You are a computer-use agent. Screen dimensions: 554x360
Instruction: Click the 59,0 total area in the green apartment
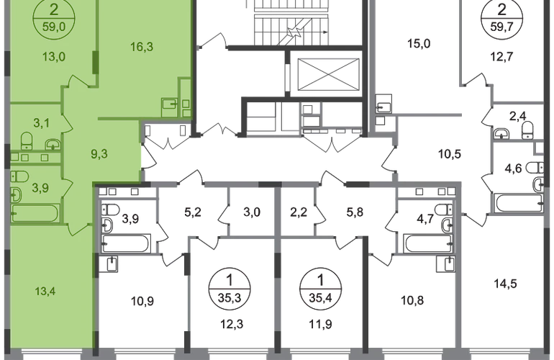(54, 26)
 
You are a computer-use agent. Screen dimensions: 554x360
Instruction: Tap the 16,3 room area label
(142, 46)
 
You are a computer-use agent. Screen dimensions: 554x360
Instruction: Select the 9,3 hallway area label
(99, 154)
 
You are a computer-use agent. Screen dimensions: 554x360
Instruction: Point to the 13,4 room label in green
(45, 292)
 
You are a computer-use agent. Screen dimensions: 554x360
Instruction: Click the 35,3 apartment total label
(230, 298)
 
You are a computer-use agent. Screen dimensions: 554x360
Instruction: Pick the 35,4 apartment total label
(320, 298)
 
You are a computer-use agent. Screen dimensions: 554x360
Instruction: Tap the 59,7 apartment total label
(501, 26)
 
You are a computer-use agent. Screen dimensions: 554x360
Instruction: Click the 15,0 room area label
(419, 44)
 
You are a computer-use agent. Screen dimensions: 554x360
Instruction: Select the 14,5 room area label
(505, 284)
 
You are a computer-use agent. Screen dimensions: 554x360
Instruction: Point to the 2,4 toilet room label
(517, 116)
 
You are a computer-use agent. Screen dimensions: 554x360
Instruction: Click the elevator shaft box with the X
(328, 74)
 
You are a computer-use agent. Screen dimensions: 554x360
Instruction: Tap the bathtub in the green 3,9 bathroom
(35, 213)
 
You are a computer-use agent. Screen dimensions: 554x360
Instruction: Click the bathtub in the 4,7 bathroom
(429, 243)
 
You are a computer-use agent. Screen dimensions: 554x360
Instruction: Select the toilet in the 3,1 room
(27, 140)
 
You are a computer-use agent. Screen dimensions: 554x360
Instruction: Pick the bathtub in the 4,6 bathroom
(519, 203)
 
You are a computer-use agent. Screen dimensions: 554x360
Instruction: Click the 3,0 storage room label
(253, 212)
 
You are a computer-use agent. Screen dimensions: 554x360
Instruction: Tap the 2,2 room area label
(299, 212)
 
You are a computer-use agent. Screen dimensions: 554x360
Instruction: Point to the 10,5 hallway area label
(450, 154)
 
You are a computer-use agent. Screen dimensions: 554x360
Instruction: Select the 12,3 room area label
(232, 324)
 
